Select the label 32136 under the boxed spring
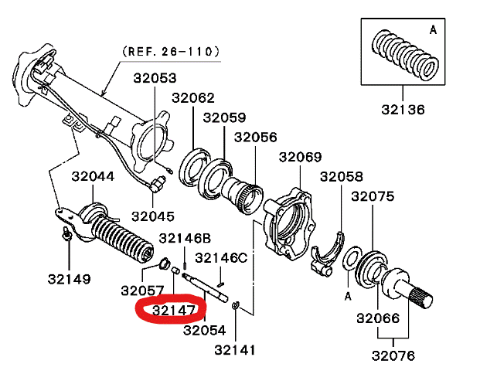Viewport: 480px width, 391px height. (402, 110)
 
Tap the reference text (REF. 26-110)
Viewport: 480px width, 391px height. (170, 52)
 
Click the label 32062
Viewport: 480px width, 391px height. (192, 98)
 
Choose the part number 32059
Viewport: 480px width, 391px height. (224, 117)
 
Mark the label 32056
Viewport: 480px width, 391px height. (255, 137)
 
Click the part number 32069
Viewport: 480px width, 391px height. (300, 158)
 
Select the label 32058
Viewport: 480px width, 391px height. (342, 177)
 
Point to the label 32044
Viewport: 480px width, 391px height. (93, 176)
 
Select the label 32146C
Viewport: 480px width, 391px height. (220, 257)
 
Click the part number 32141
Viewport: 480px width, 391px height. (236, 349)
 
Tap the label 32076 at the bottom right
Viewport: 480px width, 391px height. (393, 355)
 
